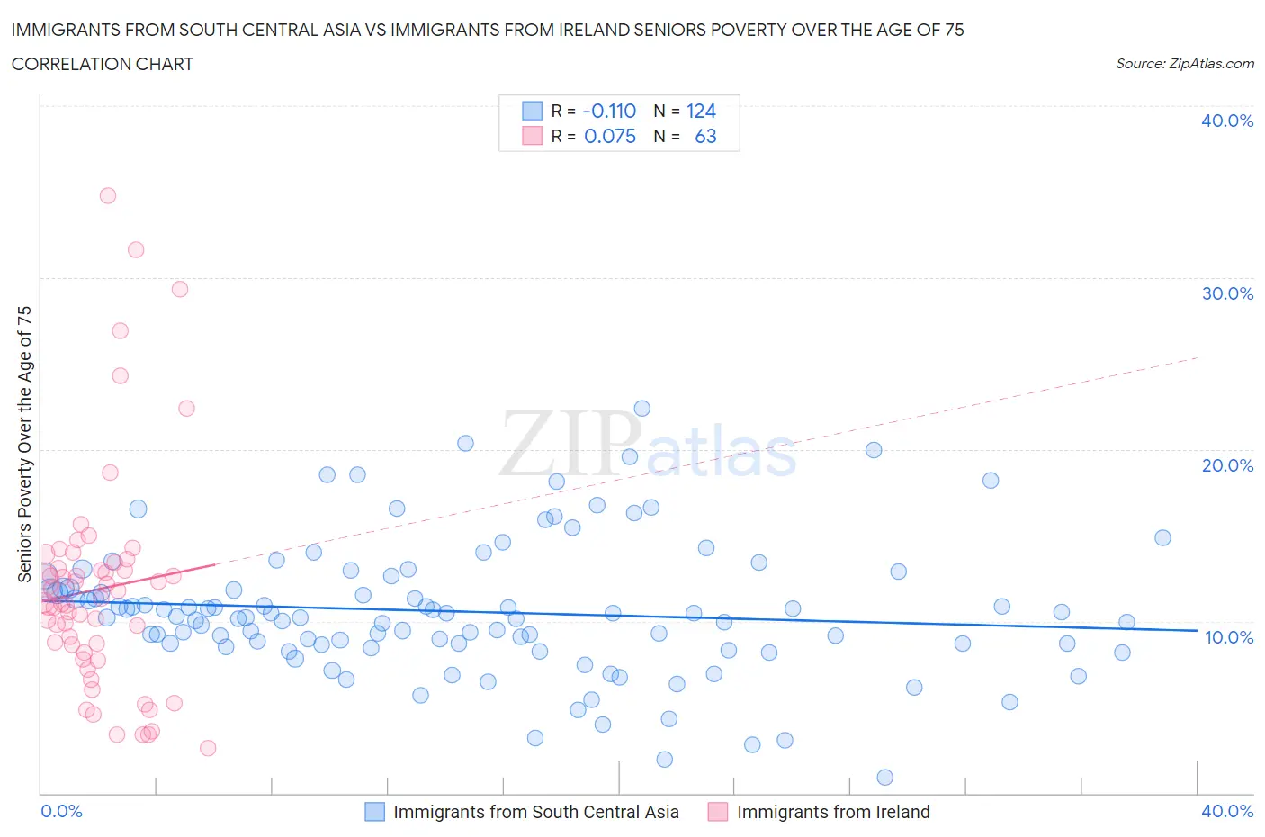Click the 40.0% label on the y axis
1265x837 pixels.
pos(1227,121)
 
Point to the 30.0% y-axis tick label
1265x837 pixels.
pos(1227,293)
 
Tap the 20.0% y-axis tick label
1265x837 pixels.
pos(1227,465)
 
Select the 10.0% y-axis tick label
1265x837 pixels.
pos(1227,637)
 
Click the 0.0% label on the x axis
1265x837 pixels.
pos(61,811)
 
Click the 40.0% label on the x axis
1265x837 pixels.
pos(1227,811)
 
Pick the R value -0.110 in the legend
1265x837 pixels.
pos(609,111)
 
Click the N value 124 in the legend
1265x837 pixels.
pos(701,111)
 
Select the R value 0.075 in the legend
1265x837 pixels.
pos(609,136)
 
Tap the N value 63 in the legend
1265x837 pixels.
pos(705,136)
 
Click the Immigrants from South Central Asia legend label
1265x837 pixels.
pos(536,812)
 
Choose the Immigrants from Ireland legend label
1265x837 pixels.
pos(833,812)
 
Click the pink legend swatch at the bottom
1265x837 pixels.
pos(717,812)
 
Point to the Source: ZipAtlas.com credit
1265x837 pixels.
pos(1184,64)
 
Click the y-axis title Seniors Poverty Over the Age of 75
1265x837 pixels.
pos(24,444)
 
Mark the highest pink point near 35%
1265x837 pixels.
pos(108,195)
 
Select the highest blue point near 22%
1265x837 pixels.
pos(641,409)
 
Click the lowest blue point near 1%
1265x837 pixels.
pos(884,778)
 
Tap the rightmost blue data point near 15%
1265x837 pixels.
pos(1162,537)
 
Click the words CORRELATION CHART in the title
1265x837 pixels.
pos(103,64)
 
